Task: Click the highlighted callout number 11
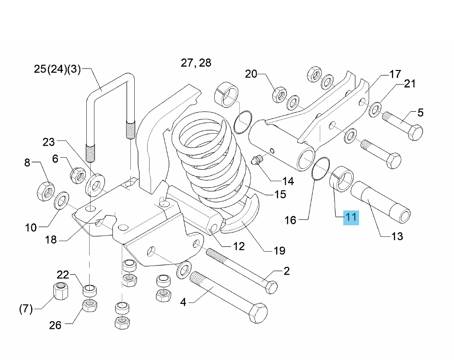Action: tap(351, 218)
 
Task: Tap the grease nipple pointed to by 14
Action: tap(256, 161)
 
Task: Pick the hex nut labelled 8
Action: tap(46, 191)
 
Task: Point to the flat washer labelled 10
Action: tap(61, 200)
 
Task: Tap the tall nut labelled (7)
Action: tap(61, 291)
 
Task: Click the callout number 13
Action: tap(397, 236)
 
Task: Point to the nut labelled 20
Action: tap(279, 95)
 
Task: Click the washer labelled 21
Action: tap(375, 109)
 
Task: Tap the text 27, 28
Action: tap(196, 63)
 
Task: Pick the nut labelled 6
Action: tap(78, 174)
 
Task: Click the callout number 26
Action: tap(55, 325)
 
